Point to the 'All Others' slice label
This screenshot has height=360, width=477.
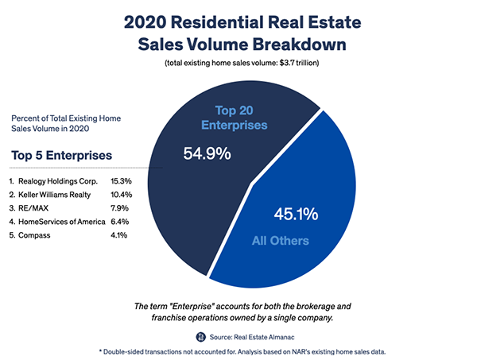click(x=303, y=241)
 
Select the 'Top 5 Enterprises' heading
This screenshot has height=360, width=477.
click(x=62, y=154)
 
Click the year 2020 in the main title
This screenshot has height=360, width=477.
click(x=153, y=21)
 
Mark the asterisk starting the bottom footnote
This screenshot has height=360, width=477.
click(x=100, y=350)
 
